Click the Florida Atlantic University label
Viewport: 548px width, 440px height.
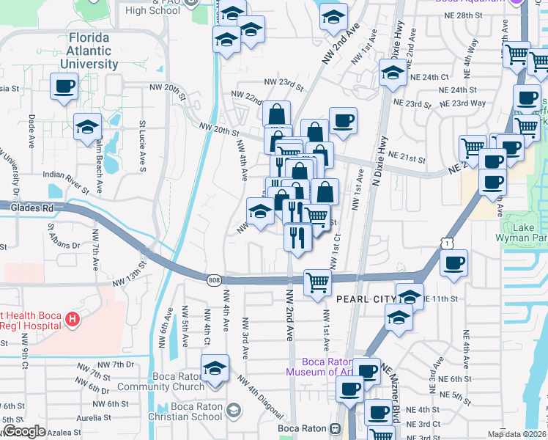click(92, 51)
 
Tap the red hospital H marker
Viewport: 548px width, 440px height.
click(72, 319)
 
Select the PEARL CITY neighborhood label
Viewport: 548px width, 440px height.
click(364, 299)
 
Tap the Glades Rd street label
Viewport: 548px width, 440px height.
click(27, 208)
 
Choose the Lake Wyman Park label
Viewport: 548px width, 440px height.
click(530, 233)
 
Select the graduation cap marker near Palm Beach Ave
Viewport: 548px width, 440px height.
click(87, 127)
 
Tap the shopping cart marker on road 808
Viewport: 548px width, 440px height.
click(317, 281)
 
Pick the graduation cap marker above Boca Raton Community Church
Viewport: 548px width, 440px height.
click(215, 368)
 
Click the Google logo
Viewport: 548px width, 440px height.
click(24, 430)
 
